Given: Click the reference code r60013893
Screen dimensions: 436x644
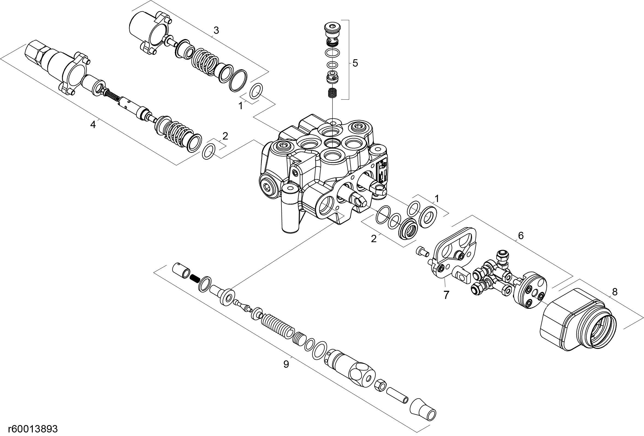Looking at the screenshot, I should click(x=33, y=429).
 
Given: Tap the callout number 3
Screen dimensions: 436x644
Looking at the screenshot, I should click(x=216, y=31).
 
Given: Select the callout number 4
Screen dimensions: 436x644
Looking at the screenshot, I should click(x=93, y=125).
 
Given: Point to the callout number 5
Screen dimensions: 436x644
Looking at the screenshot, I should click(x=355, y=63).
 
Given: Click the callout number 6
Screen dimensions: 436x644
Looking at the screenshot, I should click(x=521, y=236).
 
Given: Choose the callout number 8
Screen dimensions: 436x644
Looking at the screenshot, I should click(x=615, y=292).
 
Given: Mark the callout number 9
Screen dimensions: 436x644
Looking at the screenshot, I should click(x=286, y=364).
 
